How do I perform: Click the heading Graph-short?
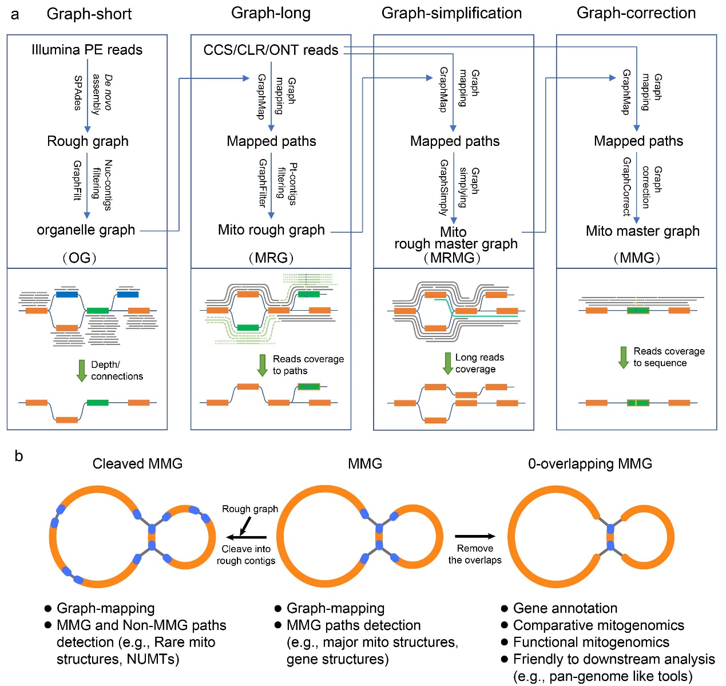89,14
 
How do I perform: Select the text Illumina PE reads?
87,50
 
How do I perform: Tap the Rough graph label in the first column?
88,141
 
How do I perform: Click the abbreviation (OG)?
80,258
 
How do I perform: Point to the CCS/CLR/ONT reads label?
271,50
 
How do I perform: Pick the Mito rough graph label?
271,230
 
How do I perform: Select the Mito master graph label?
642,231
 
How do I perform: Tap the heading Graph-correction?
636,13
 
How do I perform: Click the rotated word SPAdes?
78,93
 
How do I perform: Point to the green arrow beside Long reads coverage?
448,363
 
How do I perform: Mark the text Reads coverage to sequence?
668,357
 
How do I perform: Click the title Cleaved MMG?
137,463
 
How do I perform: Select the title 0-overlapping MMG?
590,463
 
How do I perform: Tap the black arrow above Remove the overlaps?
475,536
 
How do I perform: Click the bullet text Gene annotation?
565,608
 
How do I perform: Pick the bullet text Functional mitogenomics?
591,642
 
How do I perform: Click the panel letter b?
19,456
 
